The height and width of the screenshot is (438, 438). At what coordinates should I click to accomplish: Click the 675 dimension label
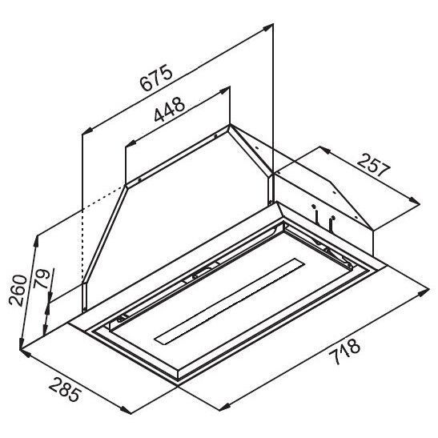click(156, 78)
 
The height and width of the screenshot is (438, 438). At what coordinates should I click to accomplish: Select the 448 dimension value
click(170, 110)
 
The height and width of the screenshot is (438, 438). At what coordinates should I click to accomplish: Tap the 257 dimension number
click(373, 166)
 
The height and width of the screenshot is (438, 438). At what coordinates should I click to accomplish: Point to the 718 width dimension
click(344, 352)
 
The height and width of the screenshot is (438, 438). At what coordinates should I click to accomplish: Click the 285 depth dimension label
click(65, 389)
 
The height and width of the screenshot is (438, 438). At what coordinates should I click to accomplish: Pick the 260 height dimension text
click(18, 291)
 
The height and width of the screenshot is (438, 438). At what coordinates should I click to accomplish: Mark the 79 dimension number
click(41, 279)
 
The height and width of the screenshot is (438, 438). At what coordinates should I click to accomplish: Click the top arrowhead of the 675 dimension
click(269, 27)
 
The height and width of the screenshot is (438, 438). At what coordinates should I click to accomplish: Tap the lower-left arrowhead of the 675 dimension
click(87, 131)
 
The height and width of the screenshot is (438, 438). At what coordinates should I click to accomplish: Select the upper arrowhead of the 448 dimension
click(225, 90)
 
